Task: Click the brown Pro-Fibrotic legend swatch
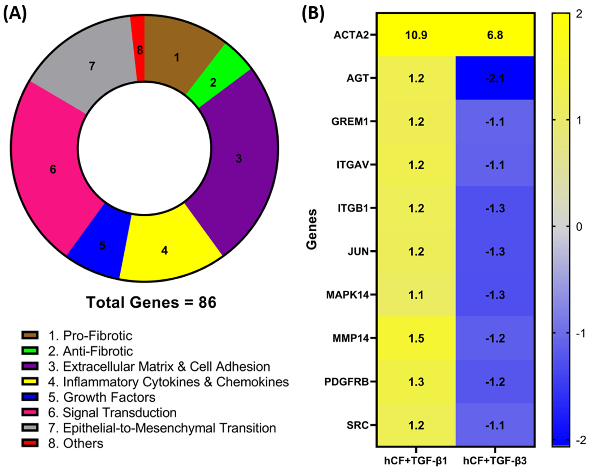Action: tap(30, 335)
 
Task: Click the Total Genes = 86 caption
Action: tap(151, 302)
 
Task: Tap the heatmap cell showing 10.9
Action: tap(416, 35)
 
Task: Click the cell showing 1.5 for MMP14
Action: tap(416, 338)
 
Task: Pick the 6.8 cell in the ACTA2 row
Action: tap(495, 35)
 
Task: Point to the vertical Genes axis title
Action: tap(312, 229)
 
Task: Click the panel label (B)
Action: tap(313, 13)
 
